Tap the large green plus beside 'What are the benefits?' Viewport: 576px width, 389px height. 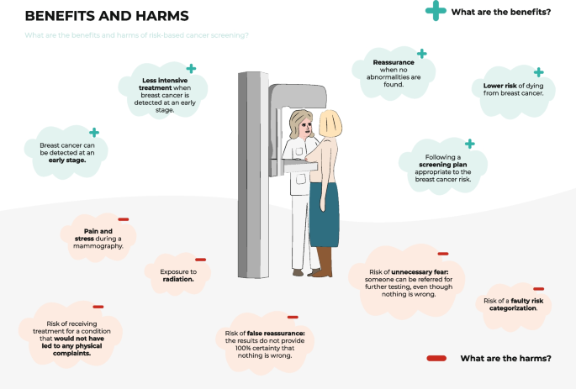435,11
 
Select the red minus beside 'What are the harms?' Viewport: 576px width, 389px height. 436,359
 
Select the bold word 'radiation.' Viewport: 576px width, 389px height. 178,280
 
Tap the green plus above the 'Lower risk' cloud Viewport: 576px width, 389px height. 538,72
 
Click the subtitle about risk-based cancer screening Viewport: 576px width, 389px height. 136,35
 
